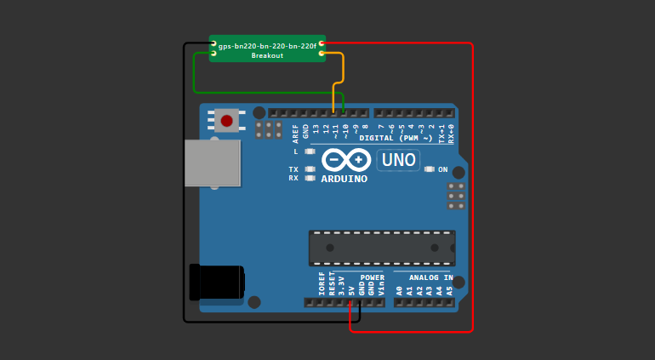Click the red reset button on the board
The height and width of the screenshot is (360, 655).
[226, 121]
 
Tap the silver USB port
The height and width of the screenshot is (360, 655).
[212, 163]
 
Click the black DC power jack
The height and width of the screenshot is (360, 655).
[216, 282]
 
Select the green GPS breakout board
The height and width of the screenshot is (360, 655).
[267, 49]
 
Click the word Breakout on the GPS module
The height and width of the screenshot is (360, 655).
[267, 55]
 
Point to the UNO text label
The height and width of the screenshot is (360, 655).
[398, 160]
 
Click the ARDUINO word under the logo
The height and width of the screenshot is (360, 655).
[345, 180]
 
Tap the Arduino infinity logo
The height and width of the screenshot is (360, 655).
[346, 159]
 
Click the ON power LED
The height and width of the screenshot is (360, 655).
[430, 169]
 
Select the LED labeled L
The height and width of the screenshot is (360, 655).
[310, 151]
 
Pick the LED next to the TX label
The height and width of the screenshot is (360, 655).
[310, 169]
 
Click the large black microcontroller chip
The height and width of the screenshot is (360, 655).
[381, 248]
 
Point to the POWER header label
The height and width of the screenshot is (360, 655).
[372, 277]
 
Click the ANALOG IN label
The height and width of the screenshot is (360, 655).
[431, 277]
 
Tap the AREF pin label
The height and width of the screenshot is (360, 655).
[296, 132]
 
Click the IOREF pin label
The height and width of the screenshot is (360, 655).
[322, 284]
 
